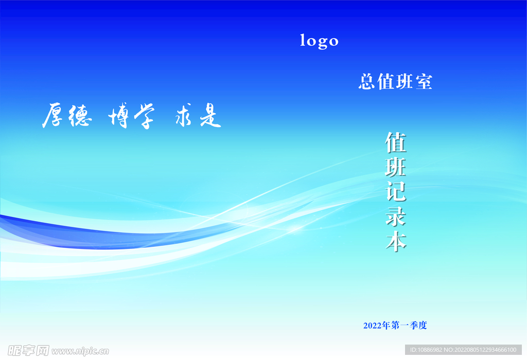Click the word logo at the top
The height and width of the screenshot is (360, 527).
tap(319, 41)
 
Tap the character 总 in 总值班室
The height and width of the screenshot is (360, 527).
tap(366, 82)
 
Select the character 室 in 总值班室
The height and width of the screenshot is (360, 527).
tap(424, 82)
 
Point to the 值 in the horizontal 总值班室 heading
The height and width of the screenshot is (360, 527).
tap(385, 82)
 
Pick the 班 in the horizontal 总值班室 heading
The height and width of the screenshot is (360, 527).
tap(405, 82)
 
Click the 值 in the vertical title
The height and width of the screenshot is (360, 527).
tap(396, 142)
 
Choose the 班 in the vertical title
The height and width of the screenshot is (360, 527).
tap(396, 167)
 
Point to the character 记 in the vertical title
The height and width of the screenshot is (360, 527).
tap(396, 191)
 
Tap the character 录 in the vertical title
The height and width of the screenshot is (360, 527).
tap(396, 216)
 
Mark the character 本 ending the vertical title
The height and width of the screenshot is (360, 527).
tap(396, 241)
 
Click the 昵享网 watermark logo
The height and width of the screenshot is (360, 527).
tap(25, 350)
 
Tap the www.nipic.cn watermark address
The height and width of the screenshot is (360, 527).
tap(80, 351)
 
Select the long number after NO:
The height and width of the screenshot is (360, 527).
tap(486, 350)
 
